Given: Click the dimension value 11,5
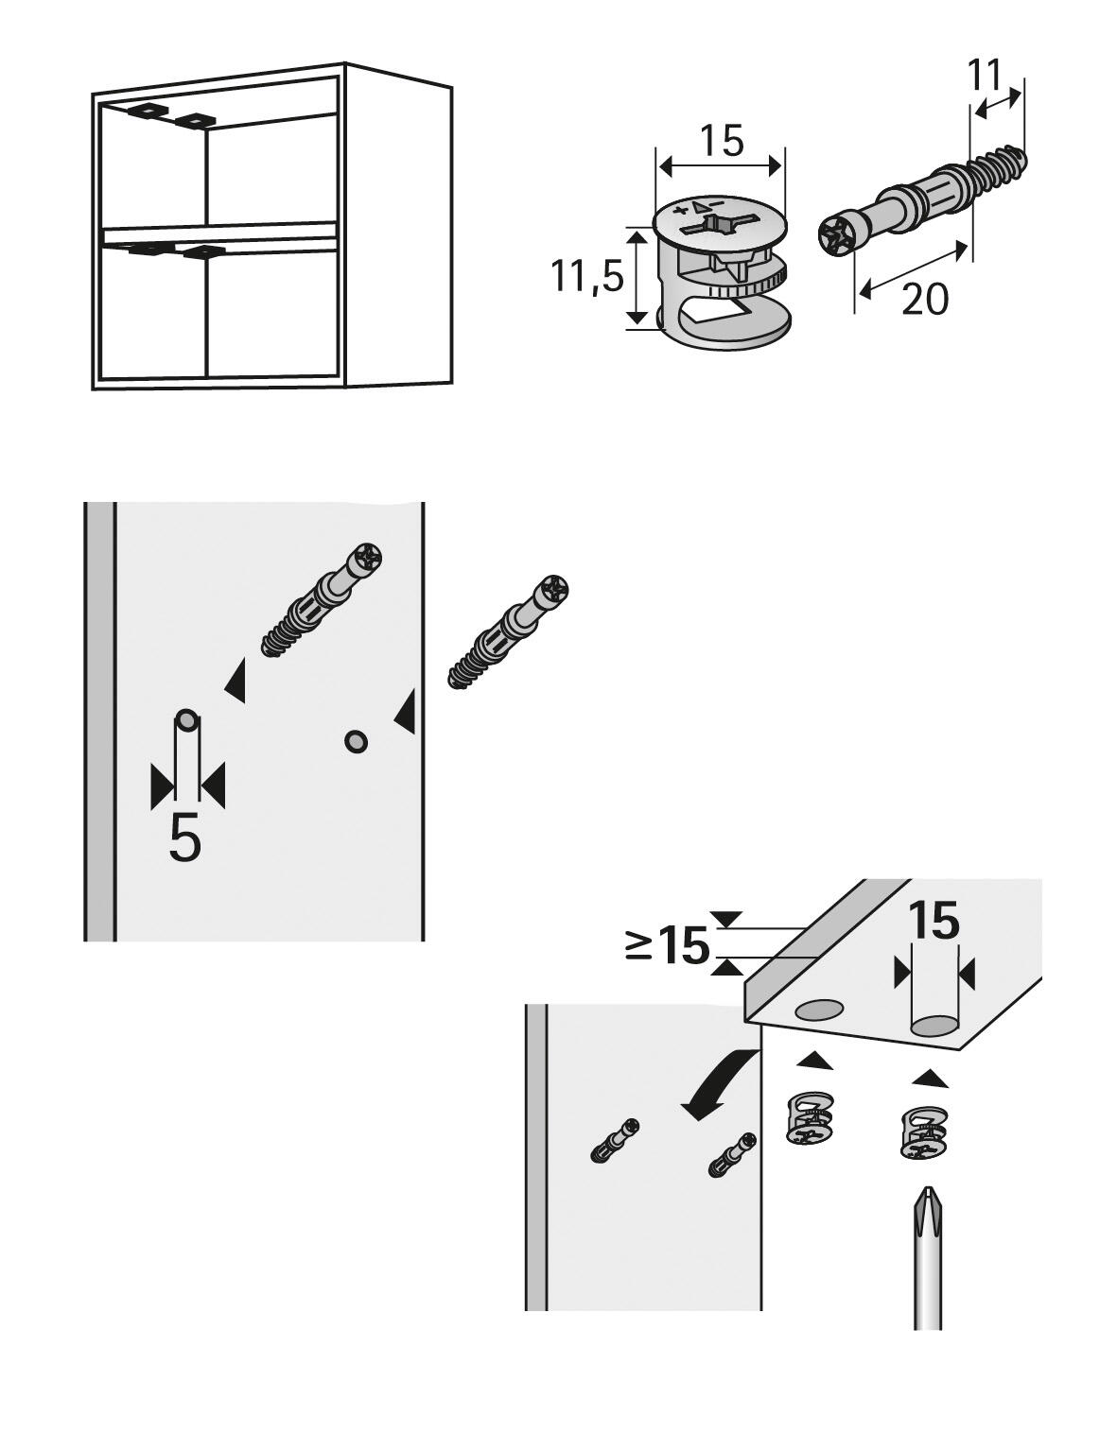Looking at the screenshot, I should tap(587, 277).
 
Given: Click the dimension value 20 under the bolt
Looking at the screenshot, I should tap(924, 300).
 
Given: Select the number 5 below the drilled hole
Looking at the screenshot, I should tap(185, 837).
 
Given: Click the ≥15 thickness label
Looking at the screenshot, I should tap(668, 944).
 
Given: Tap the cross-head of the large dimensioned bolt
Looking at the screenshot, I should tap(838, 235).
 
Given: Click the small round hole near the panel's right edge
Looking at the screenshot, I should tap(356, 741).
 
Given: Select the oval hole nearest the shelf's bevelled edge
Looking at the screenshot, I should tap(819, 1011).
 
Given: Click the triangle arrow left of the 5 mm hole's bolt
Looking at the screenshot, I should tap(236, 681).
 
